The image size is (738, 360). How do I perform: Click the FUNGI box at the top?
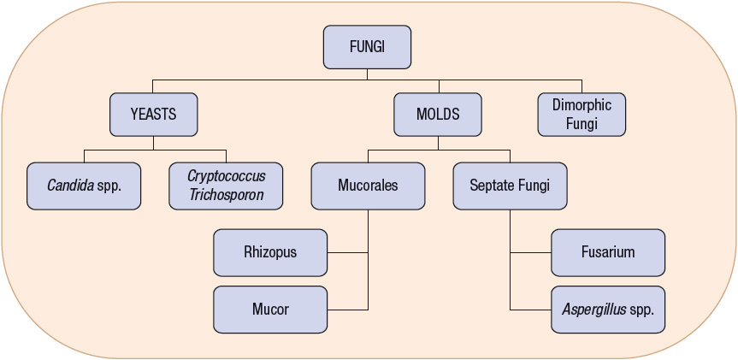[367, 47]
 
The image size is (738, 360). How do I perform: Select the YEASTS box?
[154, 114]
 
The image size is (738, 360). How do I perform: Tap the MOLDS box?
[438, 114]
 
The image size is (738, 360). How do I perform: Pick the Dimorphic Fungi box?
[582, 114]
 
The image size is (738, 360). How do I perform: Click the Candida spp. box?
[84, 186]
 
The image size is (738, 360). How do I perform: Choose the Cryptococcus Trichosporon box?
[226, 186]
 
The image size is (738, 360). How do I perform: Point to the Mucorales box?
[368, 186]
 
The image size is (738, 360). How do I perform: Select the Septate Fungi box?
[510, 186]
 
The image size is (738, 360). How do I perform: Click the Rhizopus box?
[270, 252]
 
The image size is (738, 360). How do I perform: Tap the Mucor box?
[270, 310]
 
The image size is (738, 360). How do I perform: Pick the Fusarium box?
[608, 252]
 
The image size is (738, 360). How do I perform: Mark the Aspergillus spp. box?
[608, 310]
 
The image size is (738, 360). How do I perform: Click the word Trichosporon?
[226, 194]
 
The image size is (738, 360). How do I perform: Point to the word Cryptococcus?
[226, 176]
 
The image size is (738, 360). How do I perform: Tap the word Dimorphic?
[582, 105]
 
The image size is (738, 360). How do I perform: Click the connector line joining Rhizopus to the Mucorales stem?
[347, 252]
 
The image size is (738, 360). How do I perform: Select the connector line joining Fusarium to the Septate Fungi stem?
[530, 252]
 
